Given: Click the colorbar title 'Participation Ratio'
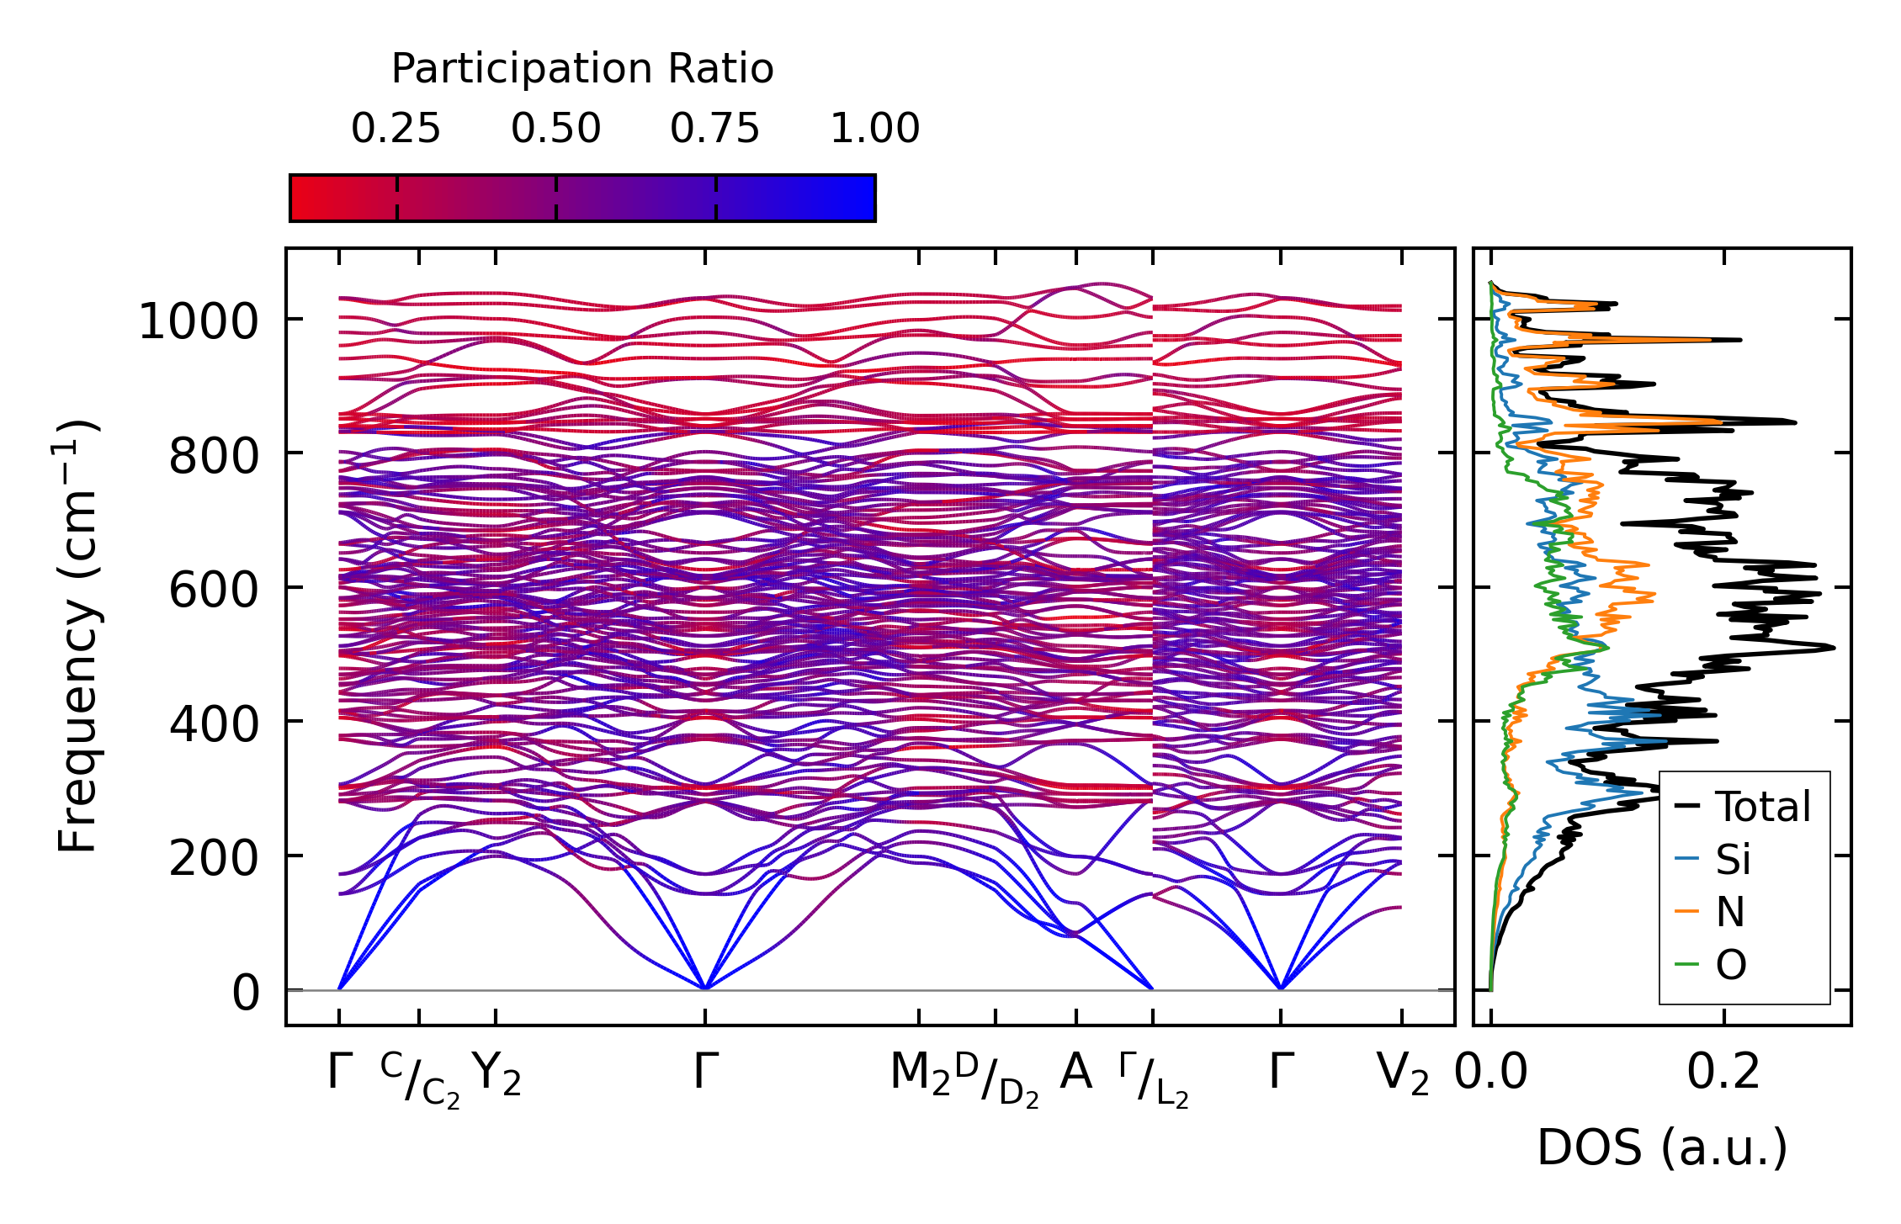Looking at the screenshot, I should tap(582, 69).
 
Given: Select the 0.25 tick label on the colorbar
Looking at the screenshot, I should tap(396, 129).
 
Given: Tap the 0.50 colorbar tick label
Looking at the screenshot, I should tap(555, 129).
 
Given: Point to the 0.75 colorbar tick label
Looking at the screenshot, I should tap(715, 129).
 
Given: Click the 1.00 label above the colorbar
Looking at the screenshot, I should tap(875, 129).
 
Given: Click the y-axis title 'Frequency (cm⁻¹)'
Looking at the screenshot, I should tap(78, 636).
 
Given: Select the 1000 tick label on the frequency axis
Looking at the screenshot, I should tap(198, 321).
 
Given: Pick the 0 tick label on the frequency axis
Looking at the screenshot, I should tap(246, 993).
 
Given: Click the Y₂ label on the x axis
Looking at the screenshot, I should tap(496, 1074).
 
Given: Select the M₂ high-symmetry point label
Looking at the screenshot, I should tap(920, 1074).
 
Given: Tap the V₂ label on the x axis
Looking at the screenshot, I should tap(1403, 1074).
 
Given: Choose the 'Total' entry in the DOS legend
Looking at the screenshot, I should tap(1762, 807).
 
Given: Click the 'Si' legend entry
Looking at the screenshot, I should tap(1733, 860).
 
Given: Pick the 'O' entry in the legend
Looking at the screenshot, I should tap(1731, 965).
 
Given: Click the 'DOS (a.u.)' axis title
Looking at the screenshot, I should tap(1662, 1147).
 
